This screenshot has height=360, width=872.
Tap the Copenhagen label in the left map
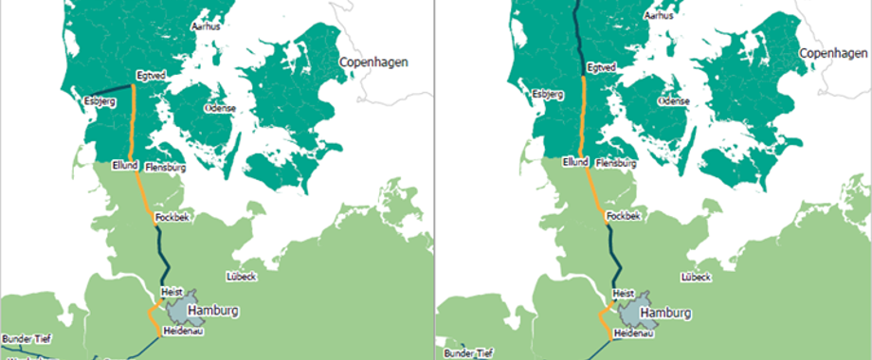[373, 63]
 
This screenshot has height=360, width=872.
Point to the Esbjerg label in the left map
[99, 99]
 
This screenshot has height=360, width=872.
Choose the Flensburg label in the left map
[165, 168]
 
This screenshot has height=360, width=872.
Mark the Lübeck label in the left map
[242, 278]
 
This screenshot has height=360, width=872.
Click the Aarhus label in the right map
[659, 16]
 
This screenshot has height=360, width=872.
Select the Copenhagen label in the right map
[834, 55]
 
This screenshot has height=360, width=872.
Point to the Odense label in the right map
[674, 100]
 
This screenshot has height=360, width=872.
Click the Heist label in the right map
[624, 295]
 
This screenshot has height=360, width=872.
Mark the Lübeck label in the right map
[697, 278]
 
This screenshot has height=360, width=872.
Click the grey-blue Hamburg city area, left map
[178, 305]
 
